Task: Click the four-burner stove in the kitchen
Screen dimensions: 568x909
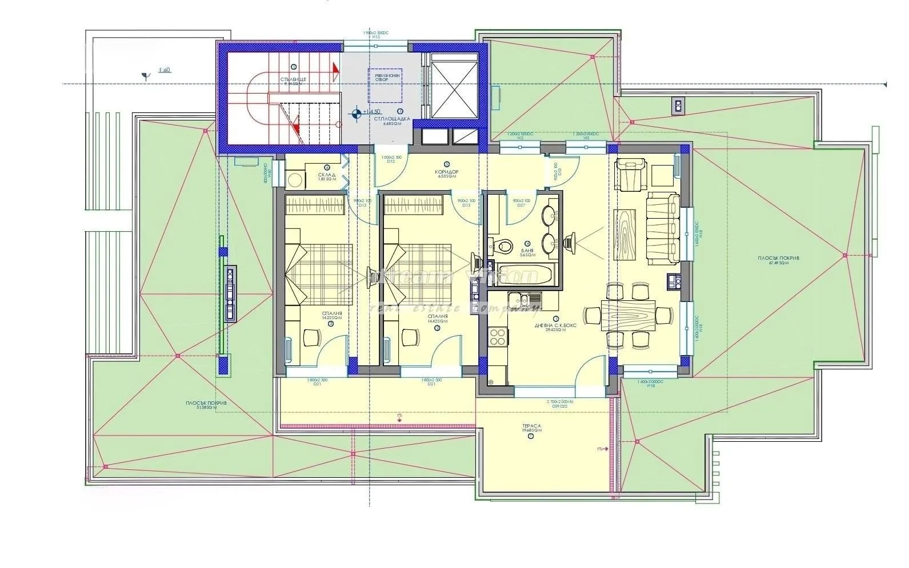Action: click(498, 336)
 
